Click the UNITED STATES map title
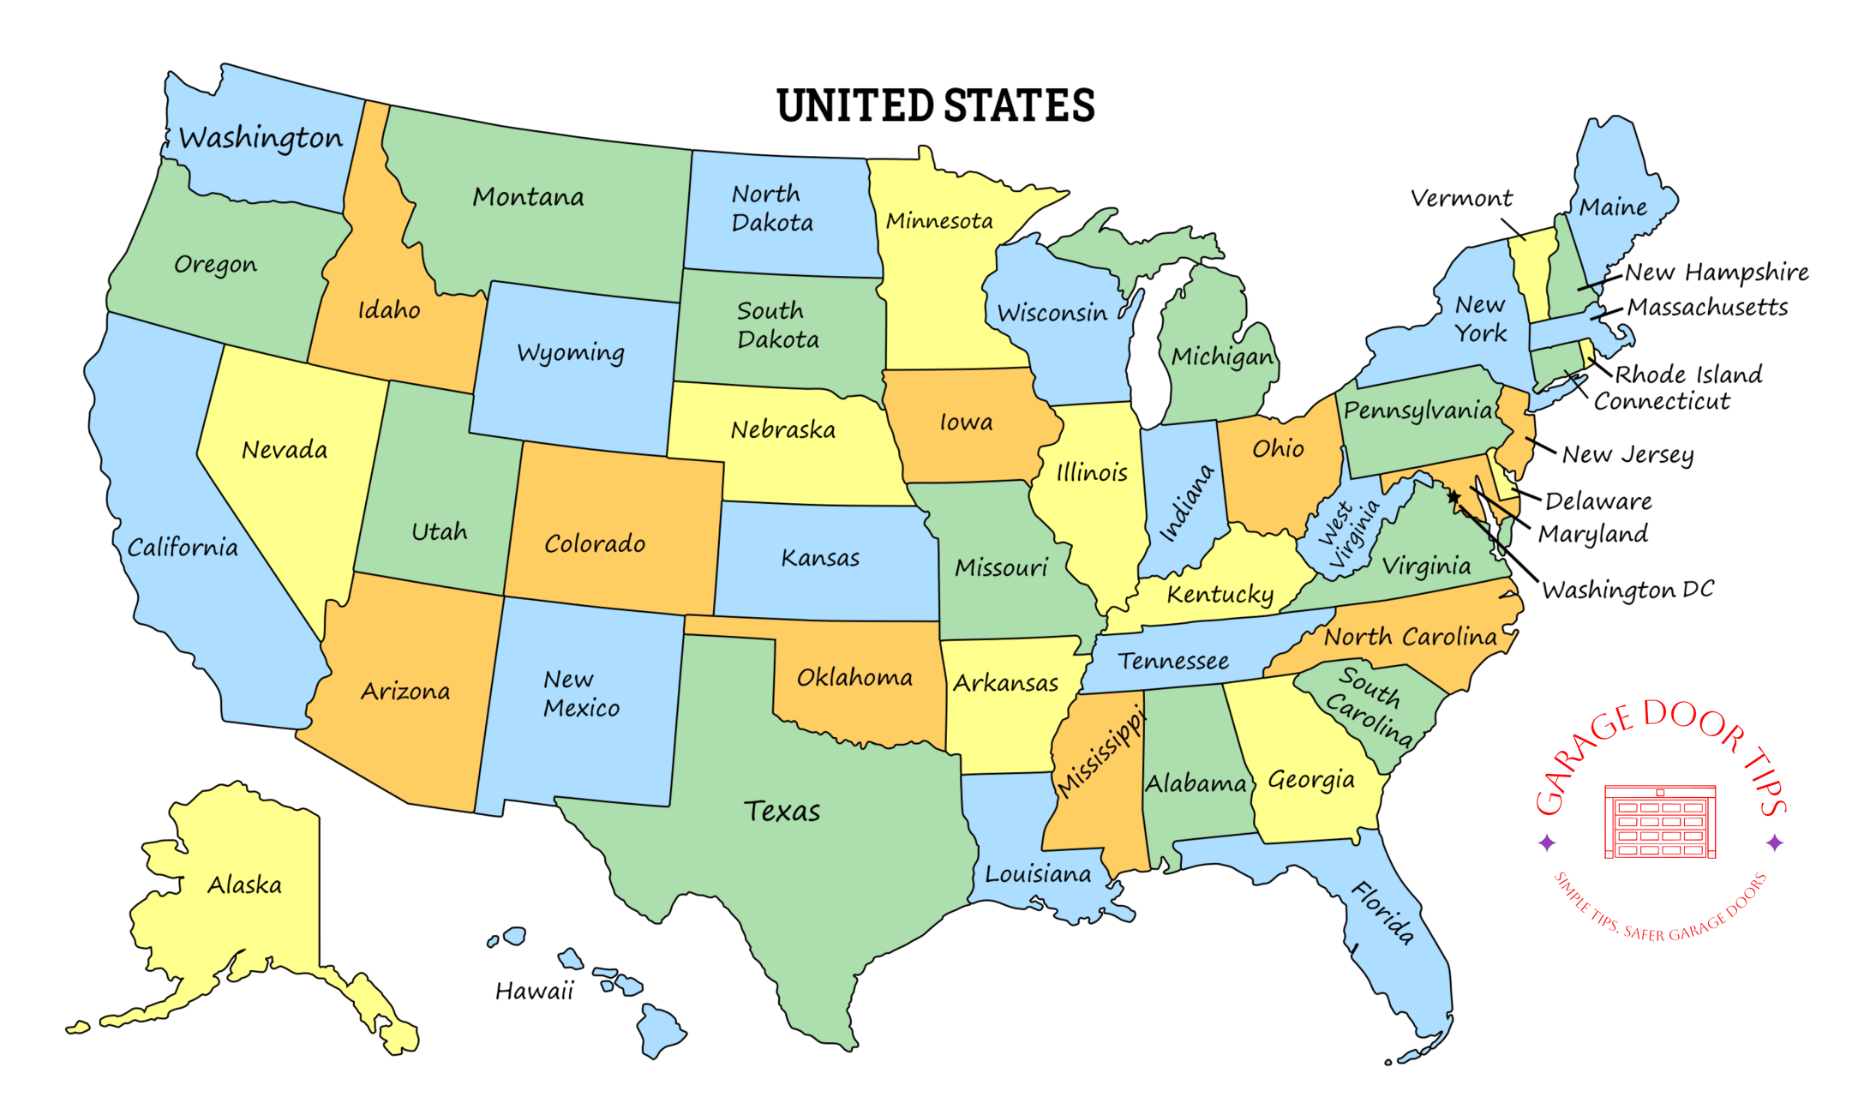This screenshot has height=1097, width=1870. pos(935,106)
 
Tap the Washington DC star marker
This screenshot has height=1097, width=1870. pos(1453,496)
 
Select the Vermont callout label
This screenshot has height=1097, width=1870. pos(1461,199)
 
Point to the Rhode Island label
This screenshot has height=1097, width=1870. pos(1688,375)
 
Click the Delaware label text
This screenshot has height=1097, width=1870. pos(1598,501)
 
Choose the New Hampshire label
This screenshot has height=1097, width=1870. pos(1717,273)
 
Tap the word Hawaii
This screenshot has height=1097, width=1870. pos(534,992)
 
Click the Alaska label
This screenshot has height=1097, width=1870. pos(244,884)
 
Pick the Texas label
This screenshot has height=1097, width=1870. pos(782,811)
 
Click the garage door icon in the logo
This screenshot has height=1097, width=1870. pos(1660,822)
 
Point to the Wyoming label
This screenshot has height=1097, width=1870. pos(571,353)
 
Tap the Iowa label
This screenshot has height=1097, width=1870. pos(966,422)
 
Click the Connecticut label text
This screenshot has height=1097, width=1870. pos(1662,401)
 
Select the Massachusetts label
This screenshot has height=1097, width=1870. pos(1707,307)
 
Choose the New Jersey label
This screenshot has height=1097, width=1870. pos(1627,454)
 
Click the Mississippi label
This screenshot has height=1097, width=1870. pos(1100,752)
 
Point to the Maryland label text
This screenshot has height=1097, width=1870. pos(1592,534)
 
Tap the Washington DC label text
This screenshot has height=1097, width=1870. pos(1627,590)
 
